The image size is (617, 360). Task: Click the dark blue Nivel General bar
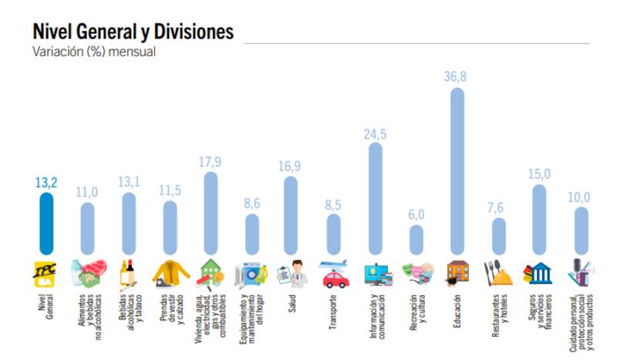46,224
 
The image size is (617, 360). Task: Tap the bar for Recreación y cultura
416,239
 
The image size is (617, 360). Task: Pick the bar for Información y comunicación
375,198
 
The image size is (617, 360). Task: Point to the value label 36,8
457,76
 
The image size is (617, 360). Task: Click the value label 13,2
46,183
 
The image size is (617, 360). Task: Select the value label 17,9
210,161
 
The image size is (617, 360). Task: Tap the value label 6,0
416,214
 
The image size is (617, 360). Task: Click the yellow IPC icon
46,273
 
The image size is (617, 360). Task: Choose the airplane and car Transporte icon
334,273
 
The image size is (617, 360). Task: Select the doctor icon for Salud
292,273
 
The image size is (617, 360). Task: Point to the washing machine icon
251,273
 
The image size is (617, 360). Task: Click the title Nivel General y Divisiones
133,32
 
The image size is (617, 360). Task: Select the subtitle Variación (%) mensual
93,52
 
